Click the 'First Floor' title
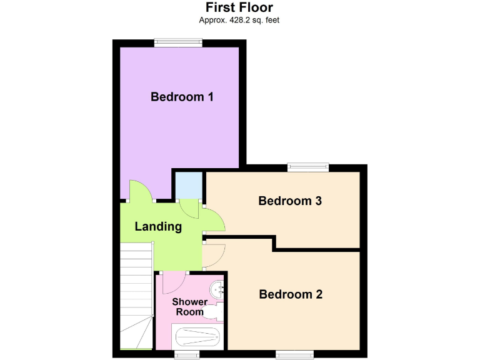239,7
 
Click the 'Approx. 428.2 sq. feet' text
239,20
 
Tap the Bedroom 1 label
182,97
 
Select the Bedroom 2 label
291,294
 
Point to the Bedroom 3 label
290,201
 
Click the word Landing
158,226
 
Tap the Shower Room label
189,307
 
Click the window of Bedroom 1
179,43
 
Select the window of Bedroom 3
307,167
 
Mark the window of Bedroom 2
295,354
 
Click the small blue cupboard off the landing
187,185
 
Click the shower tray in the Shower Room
197,338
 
